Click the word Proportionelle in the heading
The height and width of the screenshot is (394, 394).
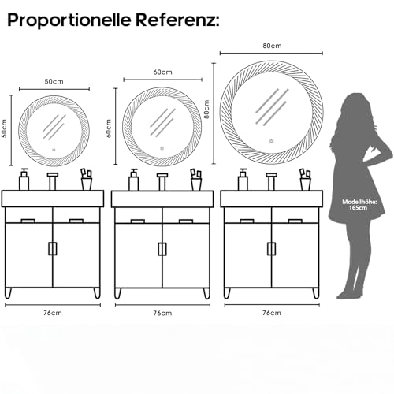click(x=69, y=20)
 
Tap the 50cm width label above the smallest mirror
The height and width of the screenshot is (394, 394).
click(x=54, y=81)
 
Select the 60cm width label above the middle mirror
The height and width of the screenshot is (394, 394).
click(x=163, y=72)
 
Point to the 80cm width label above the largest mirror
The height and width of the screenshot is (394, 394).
click(x=272, y=46)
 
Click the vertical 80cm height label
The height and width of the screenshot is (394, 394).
click(x=206, y=109)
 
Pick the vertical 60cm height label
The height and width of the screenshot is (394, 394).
click(x=109, y=128)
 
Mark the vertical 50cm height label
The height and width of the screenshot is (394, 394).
click(x=4, y=128)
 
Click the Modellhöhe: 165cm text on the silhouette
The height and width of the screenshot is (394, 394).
click(x=359, y=205)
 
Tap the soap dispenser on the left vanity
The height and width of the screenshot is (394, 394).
click(x=24, y=180)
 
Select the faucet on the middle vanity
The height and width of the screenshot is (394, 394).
click(x=162, y=181)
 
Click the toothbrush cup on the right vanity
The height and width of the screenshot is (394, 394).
click(x=306, y=180)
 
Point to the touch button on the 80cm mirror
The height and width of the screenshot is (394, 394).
click(x=271, y=141)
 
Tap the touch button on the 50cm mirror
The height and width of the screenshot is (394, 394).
click(x=54, y=150)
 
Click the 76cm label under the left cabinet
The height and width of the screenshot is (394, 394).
click(x=53, y=313)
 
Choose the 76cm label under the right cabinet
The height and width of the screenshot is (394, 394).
click(x=272, y=313)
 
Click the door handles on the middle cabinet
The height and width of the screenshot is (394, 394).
click(x=162, y=249)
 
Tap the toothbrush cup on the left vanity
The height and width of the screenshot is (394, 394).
click(x=87, y=180)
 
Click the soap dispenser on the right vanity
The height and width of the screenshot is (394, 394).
click(x=243, y=180)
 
